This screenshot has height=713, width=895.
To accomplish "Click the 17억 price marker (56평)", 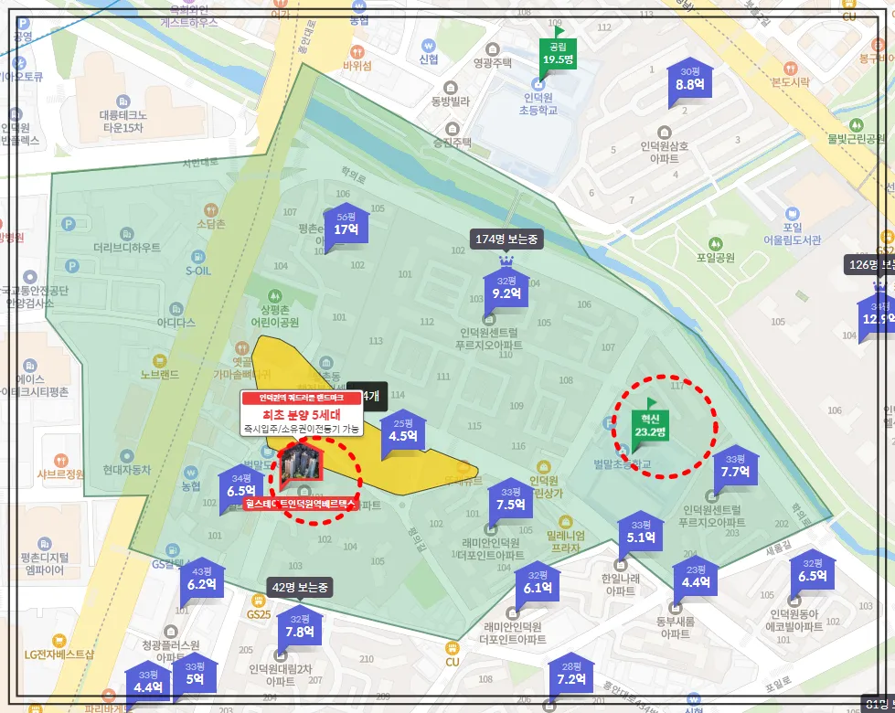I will (346, 225).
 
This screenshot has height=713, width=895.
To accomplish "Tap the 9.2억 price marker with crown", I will (506, 289).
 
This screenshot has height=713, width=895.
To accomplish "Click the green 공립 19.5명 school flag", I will (557, 55).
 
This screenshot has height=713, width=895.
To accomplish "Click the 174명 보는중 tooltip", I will (507, 239).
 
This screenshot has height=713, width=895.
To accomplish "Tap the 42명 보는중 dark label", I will (300, 587).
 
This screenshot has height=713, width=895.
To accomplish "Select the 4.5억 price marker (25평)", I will (403, 431).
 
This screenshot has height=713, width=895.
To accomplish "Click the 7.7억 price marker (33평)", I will (735, 468).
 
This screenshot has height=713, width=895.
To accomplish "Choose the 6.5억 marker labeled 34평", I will (241, 486).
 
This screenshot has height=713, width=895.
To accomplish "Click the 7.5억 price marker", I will (511, 500).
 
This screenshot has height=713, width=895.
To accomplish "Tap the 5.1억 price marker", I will (641, 533).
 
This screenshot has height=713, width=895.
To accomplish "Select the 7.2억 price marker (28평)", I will (571, 674).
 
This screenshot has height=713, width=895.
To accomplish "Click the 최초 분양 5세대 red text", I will (302, 413).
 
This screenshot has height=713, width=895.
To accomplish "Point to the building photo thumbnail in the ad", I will (302, 463).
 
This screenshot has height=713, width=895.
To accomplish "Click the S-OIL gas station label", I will (198, 271).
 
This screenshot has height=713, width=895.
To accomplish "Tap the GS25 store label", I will (260, 613).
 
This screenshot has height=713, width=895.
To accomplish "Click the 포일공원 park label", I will (716, 258).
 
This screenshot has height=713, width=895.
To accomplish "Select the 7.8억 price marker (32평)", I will (300, 627).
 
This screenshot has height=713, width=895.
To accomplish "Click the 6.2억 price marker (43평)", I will (201, 580).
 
